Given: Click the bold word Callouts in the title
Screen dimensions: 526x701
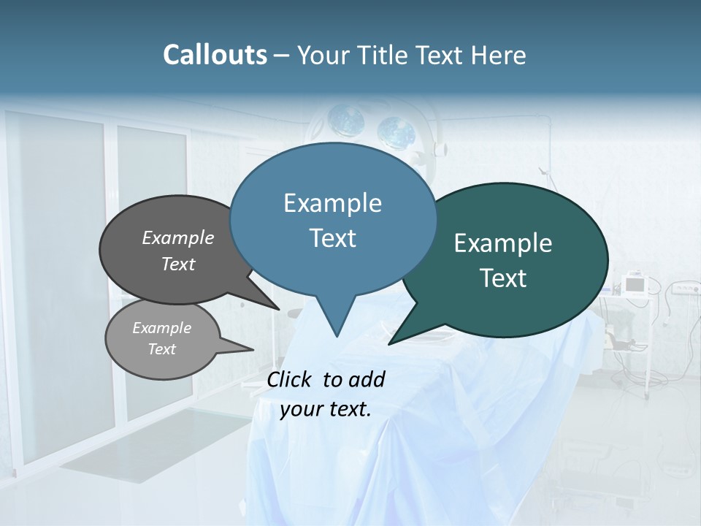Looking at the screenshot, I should click(x=215, y=55).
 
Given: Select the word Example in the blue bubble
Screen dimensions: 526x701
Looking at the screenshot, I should click(x=332, y=203).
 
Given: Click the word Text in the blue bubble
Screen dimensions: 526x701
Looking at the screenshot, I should click(x=332, y=238).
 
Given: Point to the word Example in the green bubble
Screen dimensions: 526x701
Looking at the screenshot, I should click(x=503, y=243).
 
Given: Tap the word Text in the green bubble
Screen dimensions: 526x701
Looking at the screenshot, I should click(x=503, y=278).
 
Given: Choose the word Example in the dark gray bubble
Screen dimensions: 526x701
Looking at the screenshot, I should click(x=178, y=237).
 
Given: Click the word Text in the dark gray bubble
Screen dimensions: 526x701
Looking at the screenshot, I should click(x=178, y=264).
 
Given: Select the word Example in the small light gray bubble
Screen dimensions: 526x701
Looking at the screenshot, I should click(x=162, y=328).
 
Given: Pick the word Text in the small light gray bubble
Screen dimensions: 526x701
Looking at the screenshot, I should click(x=162, y=349).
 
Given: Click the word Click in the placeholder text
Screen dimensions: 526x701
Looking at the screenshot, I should click(x=290, y=379).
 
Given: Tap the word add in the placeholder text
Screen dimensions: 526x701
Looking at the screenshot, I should click(x=367, y=379).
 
